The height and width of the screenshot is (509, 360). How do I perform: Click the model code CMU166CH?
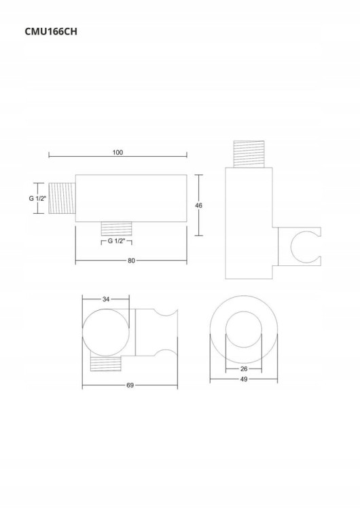[x=51, y=31]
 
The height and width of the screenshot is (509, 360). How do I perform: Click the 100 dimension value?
[x=118, y=152]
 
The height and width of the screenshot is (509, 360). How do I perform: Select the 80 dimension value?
[x=131, y=261]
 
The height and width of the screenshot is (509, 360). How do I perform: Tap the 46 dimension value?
[x=198, y=205]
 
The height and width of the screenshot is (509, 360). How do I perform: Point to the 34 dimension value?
[x=106, y=299]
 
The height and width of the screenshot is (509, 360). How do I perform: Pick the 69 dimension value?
[x=130, y=385]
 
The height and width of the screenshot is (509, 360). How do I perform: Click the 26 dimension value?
[x=244, y=369]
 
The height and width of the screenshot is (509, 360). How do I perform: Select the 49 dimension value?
[x=244, y=379]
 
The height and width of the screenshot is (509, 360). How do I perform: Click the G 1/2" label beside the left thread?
[x=37, y=198]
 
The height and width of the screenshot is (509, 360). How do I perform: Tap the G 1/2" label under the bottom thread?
[x=117, y=241]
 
